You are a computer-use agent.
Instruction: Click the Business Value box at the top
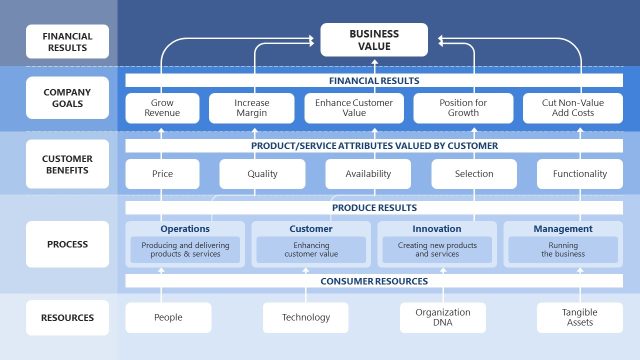(x=374, y=40)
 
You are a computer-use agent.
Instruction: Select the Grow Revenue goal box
(x=162, y=108)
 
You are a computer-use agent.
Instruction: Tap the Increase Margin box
(x=252, y=108)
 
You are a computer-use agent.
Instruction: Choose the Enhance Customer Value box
(x=354, y=108)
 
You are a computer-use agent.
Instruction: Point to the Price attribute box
(x=162, y=174)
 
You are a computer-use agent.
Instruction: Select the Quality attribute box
(x=262, y=174)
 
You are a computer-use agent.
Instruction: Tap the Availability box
(x=368, y=174)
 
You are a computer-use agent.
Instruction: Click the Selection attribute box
(x=474, y=174)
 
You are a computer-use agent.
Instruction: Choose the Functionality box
(x=579, y=174)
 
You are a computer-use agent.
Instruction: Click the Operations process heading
(x=185, y=229)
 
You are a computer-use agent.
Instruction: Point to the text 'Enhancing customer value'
(x=311, y=250)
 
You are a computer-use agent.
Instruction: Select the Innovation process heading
(x=437, y=229)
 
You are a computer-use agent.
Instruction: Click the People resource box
(x=168, y=318)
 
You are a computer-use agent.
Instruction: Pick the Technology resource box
(x=305, y=318)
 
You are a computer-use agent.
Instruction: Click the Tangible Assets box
(x=579, y=318)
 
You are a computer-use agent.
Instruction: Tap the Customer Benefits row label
(x=68, y=164)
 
